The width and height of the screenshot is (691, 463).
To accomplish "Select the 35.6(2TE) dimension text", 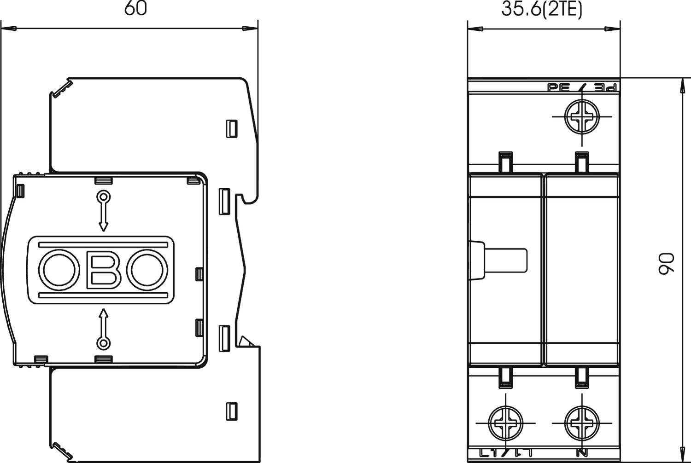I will click(x=542, y=10).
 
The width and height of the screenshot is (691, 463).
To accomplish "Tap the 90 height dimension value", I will click(x=666, y=264).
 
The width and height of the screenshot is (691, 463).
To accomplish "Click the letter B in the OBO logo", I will click(x=103, y=270).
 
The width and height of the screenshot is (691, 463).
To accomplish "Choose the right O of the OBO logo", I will click(x=148, y=270).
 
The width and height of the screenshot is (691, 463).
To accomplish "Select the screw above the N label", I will click(x=582, y=422).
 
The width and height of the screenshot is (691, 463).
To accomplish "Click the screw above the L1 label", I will click(x=505, y=422).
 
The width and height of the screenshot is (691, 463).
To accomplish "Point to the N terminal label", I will click(x=582, y=453).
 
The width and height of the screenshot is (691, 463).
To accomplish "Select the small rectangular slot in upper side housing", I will click(x=231, y=128).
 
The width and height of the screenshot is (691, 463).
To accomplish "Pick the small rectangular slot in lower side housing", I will click(x=231, y=410).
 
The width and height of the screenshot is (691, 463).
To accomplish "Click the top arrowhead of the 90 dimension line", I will click(x=682, y=85).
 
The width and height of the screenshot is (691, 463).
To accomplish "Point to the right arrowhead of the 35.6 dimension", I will click(x=613, y=29).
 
